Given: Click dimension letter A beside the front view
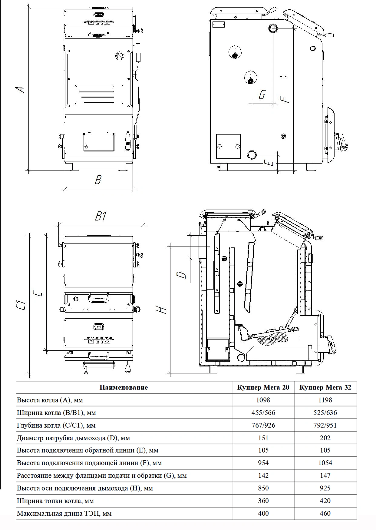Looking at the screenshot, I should click(x=20, y=89).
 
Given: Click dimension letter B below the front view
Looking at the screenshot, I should click(x=97, y=180).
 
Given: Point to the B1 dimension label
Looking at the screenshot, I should click(x=101, y=217).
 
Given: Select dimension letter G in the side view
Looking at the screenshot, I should click(x=262, y=95).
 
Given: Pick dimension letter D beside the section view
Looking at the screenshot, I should click(x=181, y=275).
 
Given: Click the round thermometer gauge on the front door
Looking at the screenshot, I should click(x=119, y=56).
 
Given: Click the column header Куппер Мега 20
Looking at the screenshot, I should click(x=263, y=387).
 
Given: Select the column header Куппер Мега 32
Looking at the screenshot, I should click(x=325, y=387).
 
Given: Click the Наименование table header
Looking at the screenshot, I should click(x=124, y=387).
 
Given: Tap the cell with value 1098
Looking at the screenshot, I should click(x=263, y=400).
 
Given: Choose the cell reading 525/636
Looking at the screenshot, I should click(x=325, y=412).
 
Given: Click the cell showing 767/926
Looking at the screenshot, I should click(x=263, y=425).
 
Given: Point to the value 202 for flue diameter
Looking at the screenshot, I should click(x=325, y=438).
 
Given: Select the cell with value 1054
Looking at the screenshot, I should click(x=325, y=463).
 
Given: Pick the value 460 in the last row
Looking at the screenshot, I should click(x=325, y=513).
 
